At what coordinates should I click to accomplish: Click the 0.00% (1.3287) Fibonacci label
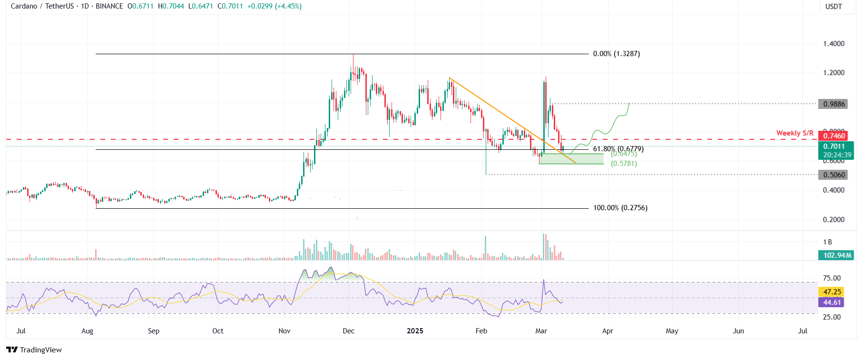pos(616,54)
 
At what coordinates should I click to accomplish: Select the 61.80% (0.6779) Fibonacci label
pos(618,149)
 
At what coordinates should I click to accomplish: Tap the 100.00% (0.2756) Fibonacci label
pos(620,208)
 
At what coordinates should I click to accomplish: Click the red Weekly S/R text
pos(794,133)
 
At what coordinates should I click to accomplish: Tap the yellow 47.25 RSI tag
pos(832,292)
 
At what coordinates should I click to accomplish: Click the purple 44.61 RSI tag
pos(832,302)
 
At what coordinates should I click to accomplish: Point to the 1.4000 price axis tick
pos(834,44)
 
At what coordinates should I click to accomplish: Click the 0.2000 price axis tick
pos(834,220)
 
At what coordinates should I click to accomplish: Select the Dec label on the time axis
pos(348,331)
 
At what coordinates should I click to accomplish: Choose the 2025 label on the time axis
pos(415,331)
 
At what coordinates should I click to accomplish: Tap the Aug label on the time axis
pos(87,331)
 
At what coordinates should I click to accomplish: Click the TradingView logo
pos(34,350)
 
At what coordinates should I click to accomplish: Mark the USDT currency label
pos(834,7)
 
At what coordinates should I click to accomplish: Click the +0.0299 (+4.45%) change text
pos(274,6)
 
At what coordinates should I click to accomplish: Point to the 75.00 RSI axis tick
pos(832,278)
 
